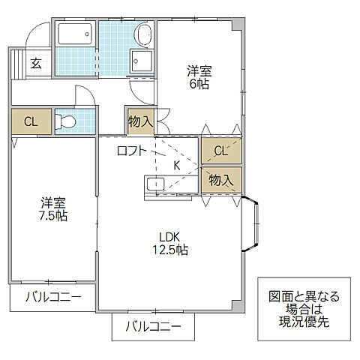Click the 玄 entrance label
35,63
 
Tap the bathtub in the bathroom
75,34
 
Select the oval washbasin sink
142,34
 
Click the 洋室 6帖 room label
199,78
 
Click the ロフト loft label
133,151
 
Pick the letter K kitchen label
177,165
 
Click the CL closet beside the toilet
31,121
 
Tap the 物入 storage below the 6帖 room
141,121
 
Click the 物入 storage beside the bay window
221,180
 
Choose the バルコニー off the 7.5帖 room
53,296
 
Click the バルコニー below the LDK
153,326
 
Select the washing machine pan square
141,62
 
